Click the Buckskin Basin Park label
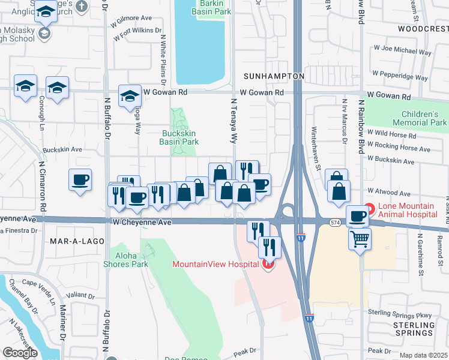(x=179, y=137)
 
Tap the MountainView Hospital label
(x=215, y=264)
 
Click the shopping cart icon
(x=360, y=239)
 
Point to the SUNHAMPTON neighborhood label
(x=274, y=77)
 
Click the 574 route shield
(x=336, y=223)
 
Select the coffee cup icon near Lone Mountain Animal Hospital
(x=358, y=216)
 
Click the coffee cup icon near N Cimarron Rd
(x=80, y=179)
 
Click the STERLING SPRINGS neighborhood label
(x=414, y=328)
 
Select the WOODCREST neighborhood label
(x=423, y=28)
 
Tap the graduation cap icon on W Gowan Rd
(x=129, y=95)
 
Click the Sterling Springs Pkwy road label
(x=400, y=314)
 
